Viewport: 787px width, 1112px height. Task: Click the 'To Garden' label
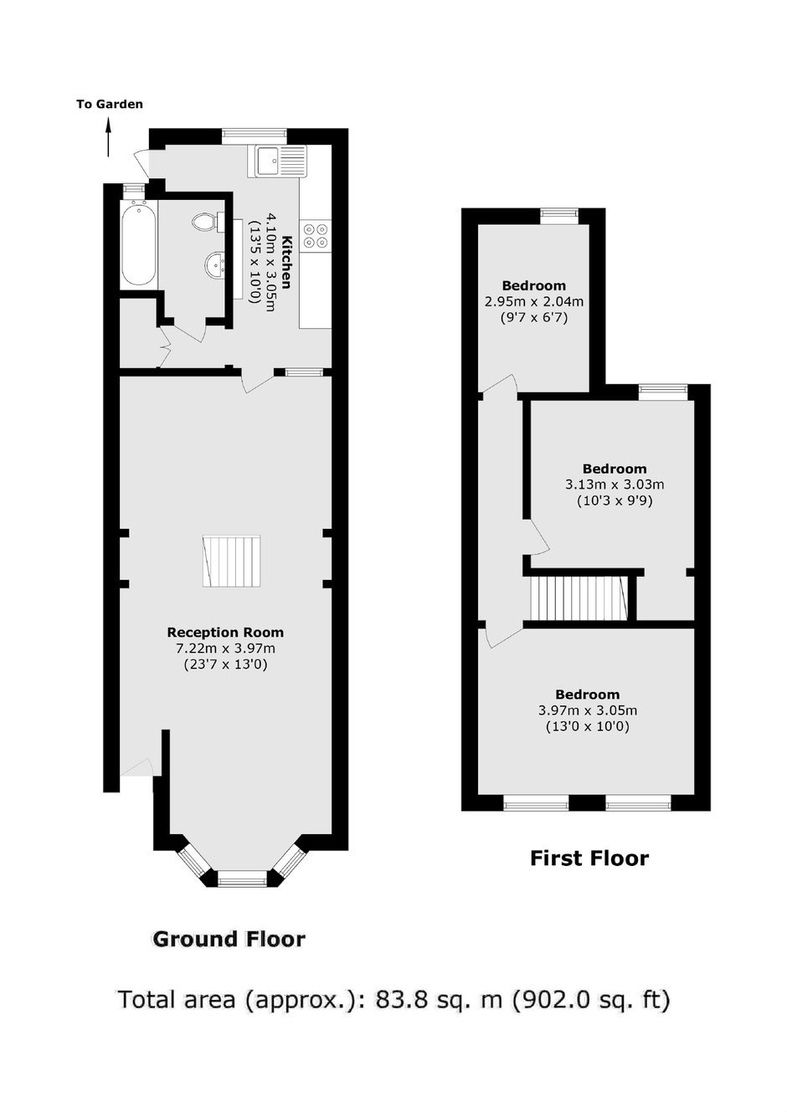(110, 105)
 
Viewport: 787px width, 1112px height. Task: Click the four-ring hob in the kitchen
(316, 235)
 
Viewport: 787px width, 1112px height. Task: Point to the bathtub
(138, 243)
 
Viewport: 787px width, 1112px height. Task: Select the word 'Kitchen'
(286, 263)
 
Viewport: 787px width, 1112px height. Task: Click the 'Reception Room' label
(225, 633)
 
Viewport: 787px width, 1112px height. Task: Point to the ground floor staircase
(232, 561)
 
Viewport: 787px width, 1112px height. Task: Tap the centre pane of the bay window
(243, 882)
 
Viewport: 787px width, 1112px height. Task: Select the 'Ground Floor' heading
(229, 940)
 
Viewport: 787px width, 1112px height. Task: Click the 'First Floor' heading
(589, 858)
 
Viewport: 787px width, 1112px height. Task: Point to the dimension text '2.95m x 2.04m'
(534, 301)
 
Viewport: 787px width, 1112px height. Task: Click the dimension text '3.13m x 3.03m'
(615, 484)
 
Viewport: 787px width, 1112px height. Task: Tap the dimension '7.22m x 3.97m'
(225, 648)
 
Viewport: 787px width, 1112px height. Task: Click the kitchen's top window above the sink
(255, 134)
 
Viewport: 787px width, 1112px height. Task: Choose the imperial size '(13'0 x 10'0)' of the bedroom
(588, 727)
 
